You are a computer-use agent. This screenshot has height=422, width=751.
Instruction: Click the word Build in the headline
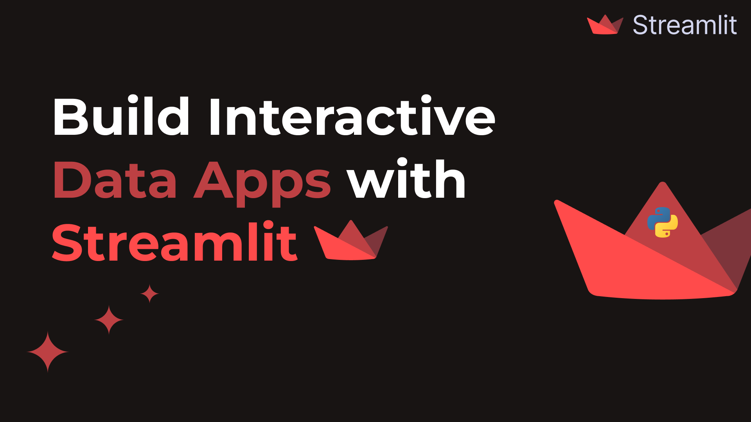(x=121, y=116)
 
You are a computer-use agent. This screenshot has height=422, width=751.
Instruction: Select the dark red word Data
(x=115, y=180)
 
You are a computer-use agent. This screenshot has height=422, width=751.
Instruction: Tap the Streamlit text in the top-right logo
(x=685, y=25)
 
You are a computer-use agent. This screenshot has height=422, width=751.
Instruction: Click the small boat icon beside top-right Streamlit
(x=605, y=25)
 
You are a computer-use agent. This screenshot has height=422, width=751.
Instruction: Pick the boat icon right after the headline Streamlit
(x=350, y=242)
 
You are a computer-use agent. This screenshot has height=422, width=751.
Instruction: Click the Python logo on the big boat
(x=663, y=222)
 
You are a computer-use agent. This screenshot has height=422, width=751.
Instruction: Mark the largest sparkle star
(x=48, y=352)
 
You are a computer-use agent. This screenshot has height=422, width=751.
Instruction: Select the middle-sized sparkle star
(x=109, y=320)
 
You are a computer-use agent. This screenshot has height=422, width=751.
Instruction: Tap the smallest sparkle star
(x=149, y=293)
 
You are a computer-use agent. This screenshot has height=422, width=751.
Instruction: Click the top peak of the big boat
(x=663, y=184)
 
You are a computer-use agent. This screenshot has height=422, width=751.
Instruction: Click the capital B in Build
(x=70, y=116)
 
